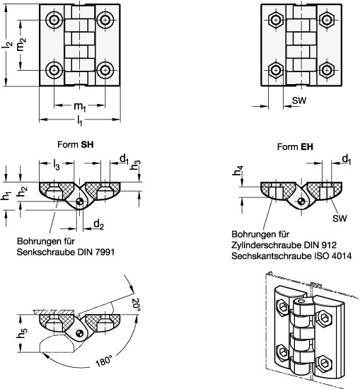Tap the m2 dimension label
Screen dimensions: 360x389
pyautogui.click(x=21, y=43)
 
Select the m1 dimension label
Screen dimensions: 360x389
pyautogui.click(x=80, y=107)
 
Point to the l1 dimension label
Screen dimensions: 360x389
pyautogui.click(x=79, y=121)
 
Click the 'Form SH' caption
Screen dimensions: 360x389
pyautogui.click(x=76, y=144)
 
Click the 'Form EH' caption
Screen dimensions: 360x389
pyautogui.click(x=295, y=147)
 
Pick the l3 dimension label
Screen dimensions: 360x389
pyautogui.click(x=57, y=165)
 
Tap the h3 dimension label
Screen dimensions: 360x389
pyautogui.click(x=136, y=165)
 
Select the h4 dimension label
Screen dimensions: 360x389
pyautogui.click(x=238, y=170)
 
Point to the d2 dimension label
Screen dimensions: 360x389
pyautogui.click(x=99, y=225)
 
